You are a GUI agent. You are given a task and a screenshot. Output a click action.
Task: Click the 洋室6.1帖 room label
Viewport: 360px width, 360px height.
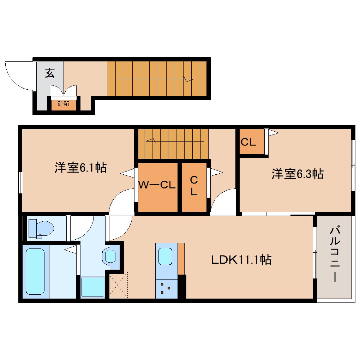point(80,167)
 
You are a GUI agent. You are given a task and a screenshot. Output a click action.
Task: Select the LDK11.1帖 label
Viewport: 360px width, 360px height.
point(241,260)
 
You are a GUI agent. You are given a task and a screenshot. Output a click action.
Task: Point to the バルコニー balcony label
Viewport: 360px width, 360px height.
point(334,254)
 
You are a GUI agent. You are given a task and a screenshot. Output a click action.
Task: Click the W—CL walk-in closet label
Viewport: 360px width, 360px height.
point(157,185)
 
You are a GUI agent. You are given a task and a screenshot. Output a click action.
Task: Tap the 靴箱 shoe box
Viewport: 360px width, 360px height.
point(64,104)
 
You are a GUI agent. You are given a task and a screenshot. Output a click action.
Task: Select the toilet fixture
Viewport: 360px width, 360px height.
point(41,228)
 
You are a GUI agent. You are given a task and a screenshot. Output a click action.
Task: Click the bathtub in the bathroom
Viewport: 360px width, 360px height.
point(35,271)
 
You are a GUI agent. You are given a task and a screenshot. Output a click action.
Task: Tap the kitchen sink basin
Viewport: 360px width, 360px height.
point(165,256)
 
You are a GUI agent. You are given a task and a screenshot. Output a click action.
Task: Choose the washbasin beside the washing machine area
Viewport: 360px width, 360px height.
point(110,256)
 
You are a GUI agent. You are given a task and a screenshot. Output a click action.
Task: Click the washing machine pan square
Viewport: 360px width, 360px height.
point(92,287)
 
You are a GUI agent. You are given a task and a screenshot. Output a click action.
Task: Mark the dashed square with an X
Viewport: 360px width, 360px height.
point(118,285)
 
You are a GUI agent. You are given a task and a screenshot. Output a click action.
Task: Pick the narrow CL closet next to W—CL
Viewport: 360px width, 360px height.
point(194,186)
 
